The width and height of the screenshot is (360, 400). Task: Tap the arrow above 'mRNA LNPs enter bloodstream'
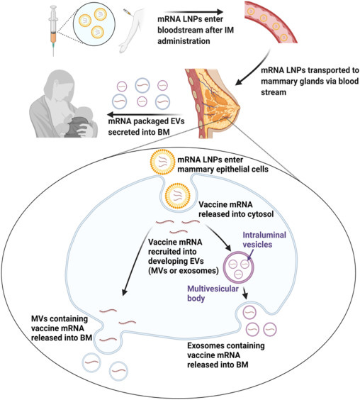[x=193, y=12]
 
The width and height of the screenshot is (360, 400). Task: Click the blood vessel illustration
[x=271, y=22]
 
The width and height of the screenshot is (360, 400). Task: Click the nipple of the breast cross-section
[x=238, y=108]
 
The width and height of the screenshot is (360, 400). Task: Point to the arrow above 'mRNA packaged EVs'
[x=145, y=114]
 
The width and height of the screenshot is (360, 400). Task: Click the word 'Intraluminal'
[x=264, y=235]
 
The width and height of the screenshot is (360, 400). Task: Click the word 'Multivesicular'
[x=213, y=289]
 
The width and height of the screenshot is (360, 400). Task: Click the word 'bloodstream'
[x=179, y=30]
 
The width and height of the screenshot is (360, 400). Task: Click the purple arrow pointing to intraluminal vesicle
[x=250, y=255]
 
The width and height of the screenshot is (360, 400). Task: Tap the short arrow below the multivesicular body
[x=245, y=293]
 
